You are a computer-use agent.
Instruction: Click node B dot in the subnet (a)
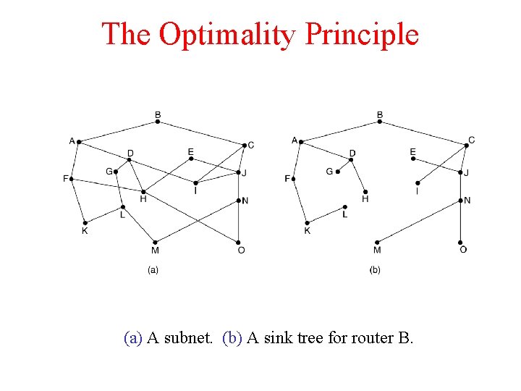coord(158,122)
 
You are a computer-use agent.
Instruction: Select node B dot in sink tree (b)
coord(380,122)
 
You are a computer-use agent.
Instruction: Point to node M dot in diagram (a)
coord(155,242)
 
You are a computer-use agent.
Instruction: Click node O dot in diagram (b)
coord(461,242)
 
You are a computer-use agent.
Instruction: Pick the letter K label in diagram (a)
coord(85,231)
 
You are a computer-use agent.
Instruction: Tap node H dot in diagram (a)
coord(143,191)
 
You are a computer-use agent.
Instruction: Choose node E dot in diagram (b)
coord(413,159)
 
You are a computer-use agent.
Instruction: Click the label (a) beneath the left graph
coord(153,270)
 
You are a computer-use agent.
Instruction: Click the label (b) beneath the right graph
coord(375,270)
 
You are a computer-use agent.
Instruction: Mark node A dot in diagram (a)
coord(79,141)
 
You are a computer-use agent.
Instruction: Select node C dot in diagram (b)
coord(466,146)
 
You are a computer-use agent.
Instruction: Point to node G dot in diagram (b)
coord(337,172)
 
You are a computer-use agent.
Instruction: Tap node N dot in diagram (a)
coord(239,200)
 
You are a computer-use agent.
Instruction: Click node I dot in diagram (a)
coord(195,182)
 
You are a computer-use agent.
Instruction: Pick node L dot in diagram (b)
coord(345,207)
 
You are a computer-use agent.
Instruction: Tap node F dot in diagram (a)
coord(72,178)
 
